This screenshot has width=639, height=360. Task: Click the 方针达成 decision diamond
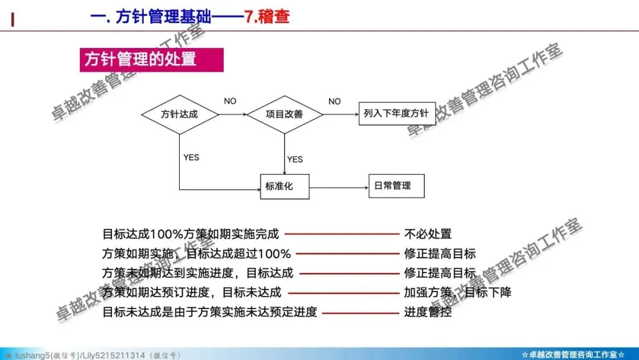179,114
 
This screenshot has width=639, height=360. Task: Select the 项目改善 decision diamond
285,114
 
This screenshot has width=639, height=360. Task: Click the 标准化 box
285,187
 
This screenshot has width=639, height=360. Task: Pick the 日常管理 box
396,186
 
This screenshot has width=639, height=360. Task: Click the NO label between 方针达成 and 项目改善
230,101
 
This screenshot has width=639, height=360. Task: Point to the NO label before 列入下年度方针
334,101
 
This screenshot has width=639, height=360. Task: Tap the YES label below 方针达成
191,157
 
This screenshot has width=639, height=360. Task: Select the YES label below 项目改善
295,159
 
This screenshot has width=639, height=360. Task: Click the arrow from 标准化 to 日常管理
338,187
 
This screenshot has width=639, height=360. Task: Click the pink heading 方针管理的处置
151,60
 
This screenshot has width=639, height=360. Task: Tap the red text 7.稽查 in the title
267,16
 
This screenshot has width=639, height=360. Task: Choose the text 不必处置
428,234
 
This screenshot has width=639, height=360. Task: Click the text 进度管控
428,312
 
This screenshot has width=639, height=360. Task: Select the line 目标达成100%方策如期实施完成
191,234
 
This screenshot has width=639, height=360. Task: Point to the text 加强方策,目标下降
457,292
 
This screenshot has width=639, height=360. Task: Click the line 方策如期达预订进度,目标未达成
192,292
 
